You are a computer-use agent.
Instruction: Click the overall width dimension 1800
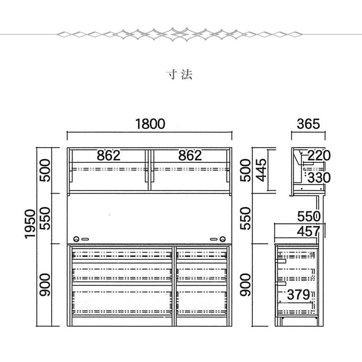(x=150, y=124)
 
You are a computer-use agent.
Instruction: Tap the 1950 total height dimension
(x=30, y=224)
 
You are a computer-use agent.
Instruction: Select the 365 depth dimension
(x=308, y=124)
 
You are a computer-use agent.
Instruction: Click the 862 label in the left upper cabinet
(x=109, y=155)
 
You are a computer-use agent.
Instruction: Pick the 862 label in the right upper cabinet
(x=190, y=155)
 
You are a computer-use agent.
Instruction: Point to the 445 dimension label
(x=262, y=170)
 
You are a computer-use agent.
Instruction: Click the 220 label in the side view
(x=319, y=155)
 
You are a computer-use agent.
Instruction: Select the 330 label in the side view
(x=319, y=178)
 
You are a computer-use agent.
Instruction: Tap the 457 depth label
(x=309, y=231)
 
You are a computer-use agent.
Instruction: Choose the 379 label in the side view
(x=298, y=295)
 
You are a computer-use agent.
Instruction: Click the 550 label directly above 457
(x=309, y=217)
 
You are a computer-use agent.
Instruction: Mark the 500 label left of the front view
(x=45, y=170)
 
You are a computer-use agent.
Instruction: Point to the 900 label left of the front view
(x=45, y=284)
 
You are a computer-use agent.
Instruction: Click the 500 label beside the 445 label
(x=245, y=170)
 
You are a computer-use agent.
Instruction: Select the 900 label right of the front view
(x=245, y=284)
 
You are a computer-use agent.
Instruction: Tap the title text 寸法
(x=180, y=75)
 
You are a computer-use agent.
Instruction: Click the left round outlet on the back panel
(x=77, y=239)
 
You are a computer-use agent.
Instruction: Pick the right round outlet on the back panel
(x=223, y=239)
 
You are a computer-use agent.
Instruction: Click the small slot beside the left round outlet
(x=85, y=239)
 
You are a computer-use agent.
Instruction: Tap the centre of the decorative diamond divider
(x=180, y=34)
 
